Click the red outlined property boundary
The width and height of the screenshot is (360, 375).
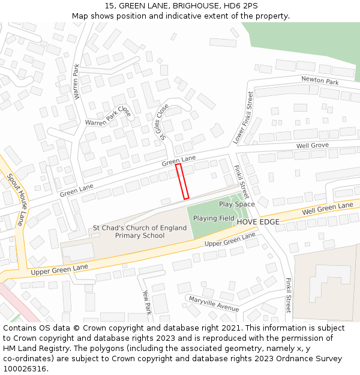click(x=182, y=181)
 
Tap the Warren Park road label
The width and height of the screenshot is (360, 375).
click(x=76, y=82)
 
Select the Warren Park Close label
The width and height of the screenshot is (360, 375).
click(x=108, y=117)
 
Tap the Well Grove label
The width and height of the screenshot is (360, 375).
click(x=312, y=146)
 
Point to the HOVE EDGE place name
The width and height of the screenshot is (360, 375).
click(x=258, y=222)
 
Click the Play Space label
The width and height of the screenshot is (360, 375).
click(x=236, y=204)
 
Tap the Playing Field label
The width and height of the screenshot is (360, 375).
click(x=214, y=218)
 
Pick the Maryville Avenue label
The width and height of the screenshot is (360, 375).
click(x=214, y=304)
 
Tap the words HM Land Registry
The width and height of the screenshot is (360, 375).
click(x=36, y=349)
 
